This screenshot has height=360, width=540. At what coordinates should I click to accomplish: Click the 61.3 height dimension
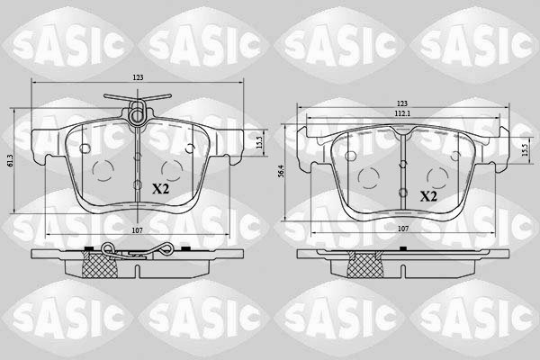coord(9,161)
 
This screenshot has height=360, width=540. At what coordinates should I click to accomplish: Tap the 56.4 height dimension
coord(281,171)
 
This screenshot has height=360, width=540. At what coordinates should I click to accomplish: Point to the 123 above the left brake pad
coord(138,78)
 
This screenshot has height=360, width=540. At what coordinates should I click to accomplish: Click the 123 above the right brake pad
coord(402,103)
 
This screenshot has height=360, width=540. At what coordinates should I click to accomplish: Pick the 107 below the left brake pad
coord(138,230)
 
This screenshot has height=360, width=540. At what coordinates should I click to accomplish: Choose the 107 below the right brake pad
coord(403,229)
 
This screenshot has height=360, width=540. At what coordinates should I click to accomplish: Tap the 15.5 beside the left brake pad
coord(260,142)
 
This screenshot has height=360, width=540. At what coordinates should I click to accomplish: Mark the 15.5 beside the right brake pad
coord(525,150)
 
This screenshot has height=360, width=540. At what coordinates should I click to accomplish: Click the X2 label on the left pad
coord(161,189)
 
